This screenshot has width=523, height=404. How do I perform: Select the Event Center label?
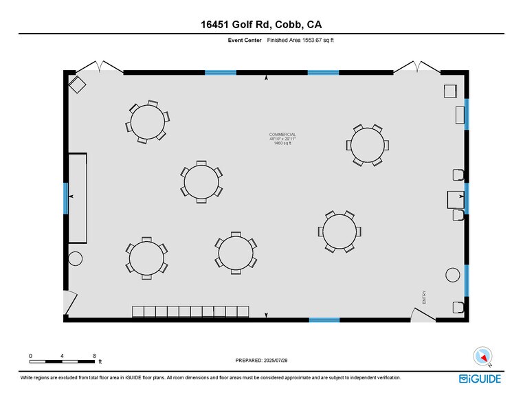[x=245, y=41]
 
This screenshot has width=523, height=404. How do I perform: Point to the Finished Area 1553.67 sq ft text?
[x=300, y=41]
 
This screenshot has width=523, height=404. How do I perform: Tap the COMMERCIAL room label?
[x=282, y=134]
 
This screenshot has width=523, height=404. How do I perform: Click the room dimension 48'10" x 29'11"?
[x=282, y=139]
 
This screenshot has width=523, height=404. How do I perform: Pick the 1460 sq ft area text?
[x=282, y=144]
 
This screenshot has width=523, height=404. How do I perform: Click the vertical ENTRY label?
[x=425, y=296]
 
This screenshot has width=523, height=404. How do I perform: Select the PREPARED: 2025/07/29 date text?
[x=262, y=360]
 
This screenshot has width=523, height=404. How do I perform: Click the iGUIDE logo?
[x=480, y=379]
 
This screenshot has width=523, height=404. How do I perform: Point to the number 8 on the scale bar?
[x=94, y=355]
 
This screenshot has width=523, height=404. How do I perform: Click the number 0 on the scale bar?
[x=30, y=355]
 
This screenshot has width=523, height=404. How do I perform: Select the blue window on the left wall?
[x=66, y=197]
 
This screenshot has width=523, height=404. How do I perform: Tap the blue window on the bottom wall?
[x=324, y=319]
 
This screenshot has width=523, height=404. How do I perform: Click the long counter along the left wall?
[x=78, y=198]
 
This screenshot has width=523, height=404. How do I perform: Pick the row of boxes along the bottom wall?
[x=190, y=312]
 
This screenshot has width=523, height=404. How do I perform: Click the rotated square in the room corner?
[x=77, y=85]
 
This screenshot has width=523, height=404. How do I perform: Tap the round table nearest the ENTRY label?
[x=340, y=232]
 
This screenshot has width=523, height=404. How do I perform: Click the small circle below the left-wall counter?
[x=75, y=258]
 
